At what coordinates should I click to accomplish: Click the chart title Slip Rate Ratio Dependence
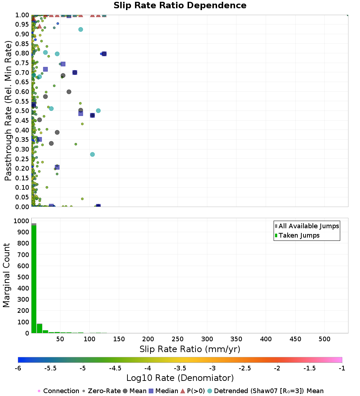click(x=180, y=6)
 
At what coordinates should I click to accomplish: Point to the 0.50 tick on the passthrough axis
click(x=23, y=111)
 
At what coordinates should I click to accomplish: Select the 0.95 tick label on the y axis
click(x=23, y=24)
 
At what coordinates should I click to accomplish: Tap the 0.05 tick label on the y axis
click(x=23, y=197)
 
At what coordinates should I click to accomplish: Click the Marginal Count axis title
click(x=6, y=275)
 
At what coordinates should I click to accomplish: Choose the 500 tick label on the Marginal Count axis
click(x=22, y=277)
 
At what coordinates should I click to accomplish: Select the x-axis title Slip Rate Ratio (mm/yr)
click(x=190, y=349)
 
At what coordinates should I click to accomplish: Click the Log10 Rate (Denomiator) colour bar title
click(x=180, y=378)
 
